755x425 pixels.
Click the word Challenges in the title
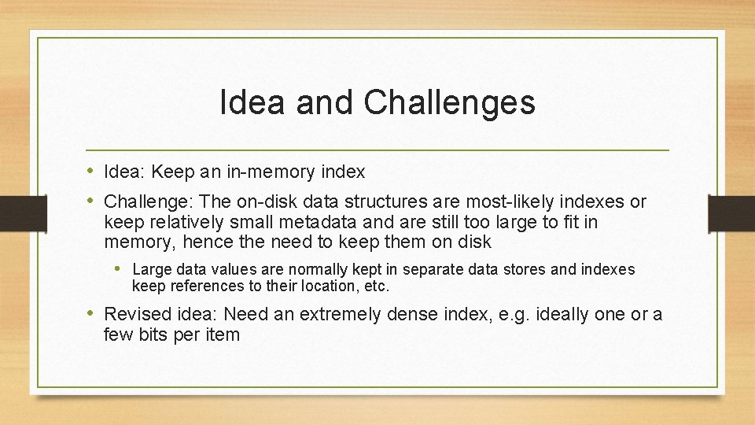point(451,103)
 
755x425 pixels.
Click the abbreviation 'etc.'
point(374,286)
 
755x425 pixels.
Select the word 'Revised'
point(134,315)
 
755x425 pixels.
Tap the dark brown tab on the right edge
point(731,213)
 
